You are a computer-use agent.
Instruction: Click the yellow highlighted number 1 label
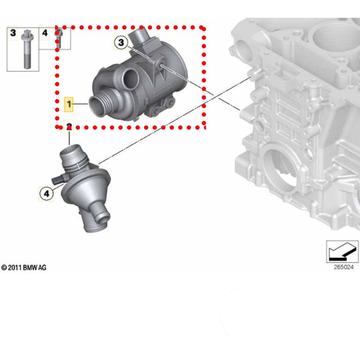click(69, 104)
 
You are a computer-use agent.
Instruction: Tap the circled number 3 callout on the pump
click(121, 42)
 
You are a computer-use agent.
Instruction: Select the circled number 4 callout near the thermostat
click(46, 193)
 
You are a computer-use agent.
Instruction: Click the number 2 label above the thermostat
click(69, 126)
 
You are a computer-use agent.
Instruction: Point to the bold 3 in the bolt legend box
click(13, 33)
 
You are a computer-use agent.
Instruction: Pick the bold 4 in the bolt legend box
click(45, 33)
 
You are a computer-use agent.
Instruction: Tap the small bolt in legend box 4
click(59, 38)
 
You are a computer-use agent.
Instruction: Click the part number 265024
click(343, 267)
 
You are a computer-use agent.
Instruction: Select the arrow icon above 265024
click(342, 252)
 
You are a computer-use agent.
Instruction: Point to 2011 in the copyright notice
click(15, 268)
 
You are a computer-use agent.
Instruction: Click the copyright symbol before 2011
click(4, 268)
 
